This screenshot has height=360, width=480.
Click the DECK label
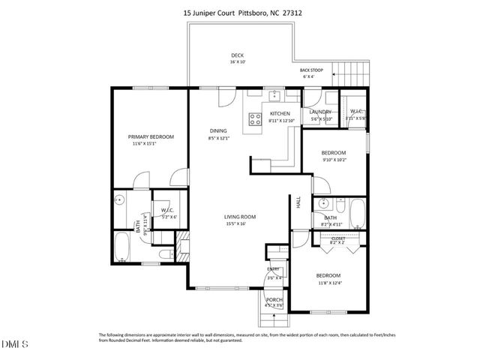tap(237, 55)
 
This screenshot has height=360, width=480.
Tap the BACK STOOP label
tap(311, 70)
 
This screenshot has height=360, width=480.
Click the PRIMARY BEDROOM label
tap(151, 136)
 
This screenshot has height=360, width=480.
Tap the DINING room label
tap(218, 130)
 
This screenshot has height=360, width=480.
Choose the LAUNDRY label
tap(320, 112)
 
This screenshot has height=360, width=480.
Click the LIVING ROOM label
tap(240, 217)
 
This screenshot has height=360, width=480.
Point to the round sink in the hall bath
tap(322, 203)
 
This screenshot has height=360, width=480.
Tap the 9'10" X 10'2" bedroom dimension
tap(333, 158)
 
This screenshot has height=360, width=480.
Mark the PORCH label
tap(274, 299)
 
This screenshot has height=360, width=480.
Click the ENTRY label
tap(274, 269)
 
